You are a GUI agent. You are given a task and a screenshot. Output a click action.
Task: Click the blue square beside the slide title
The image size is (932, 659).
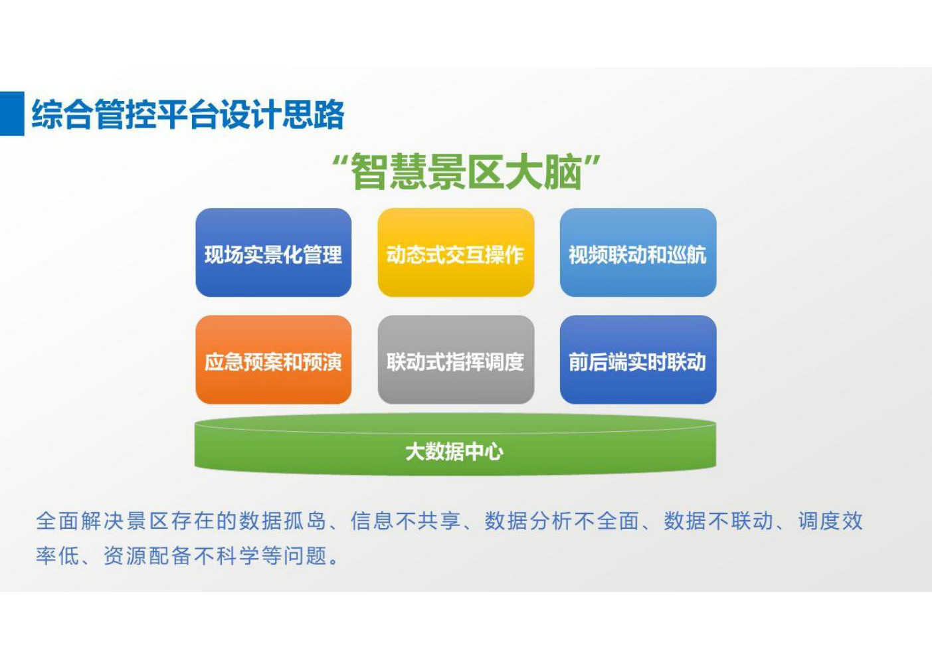point(12,114)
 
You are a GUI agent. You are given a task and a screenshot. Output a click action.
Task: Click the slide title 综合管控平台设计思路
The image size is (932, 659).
point(188,114)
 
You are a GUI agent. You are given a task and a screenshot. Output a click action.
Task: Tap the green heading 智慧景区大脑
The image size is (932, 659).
point(467,172)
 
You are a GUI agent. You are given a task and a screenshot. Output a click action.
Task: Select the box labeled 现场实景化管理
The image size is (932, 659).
point(274,252)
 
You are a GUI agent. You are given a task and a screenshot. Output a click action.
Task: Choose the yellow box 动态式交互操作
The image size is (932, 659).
point(456,252)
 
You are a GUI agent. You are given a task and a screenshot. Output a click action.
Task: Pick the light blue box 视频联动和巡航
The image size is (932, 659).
point(638,252)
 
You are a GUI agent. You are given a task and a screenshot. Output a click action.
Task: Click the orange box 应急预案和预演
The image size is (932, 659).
point(274,359)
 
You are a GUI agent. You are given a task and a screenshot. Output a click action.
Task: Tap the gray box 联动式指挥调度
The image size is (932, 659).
point(456,359)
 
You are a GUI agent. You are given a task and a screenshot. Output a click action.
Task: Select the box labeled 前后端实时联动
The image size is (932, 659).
point(638,359)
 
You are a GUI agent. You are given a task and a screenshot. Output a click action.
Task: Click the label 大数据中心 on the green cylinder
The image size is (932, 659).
point(454,451)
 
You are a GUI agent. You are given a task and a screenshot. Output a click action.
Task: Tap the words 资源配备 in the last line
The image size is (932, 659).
point(147,555)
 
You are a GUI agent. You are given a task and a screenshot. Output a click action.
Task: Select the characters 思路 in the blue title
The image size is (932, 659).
point(314,114)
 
